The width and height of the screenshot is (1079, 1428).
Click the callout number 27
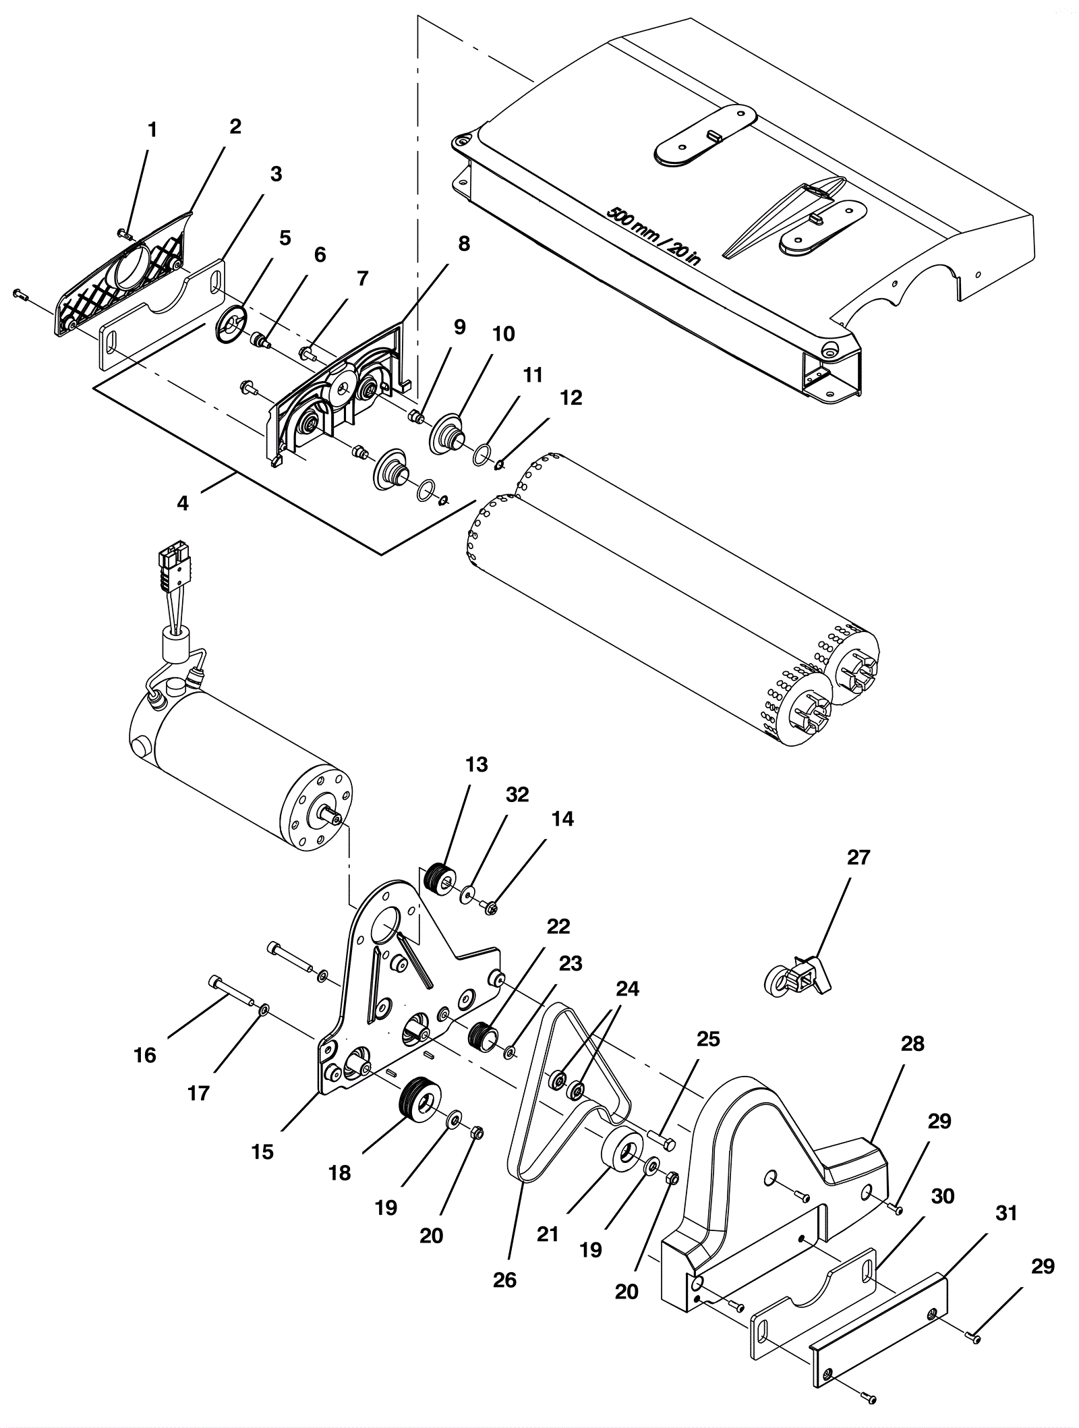(858, 858)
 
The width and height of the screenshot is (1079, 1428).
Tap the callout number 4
(183, 503)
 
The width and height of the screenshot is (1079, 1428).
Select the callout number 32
(517, 795)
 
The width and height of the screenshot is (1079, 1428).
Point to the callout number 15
(262, 1151)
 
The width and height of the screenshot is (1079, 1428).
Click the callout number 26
(504, 1280)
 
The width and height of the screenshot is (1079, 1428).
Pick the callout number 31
(1006, 1213)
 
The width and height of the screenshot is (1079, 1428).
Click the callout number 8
(463, 244)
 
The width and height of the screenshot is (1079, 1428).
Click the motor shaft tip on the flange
(334, 819)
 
